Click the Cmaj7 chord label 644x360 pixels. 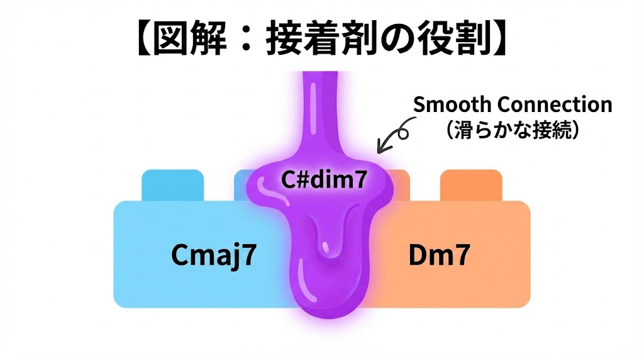[214, 256]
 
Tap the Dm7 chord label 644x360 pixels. [438, 256]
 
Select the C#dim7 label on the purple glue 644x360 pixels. [322, 181]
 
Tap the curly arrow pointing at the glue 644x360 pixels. [391, 138]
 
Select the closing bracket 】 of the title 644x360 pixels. [500, 40]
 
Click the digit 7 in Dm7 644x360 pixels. [460, 256]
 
